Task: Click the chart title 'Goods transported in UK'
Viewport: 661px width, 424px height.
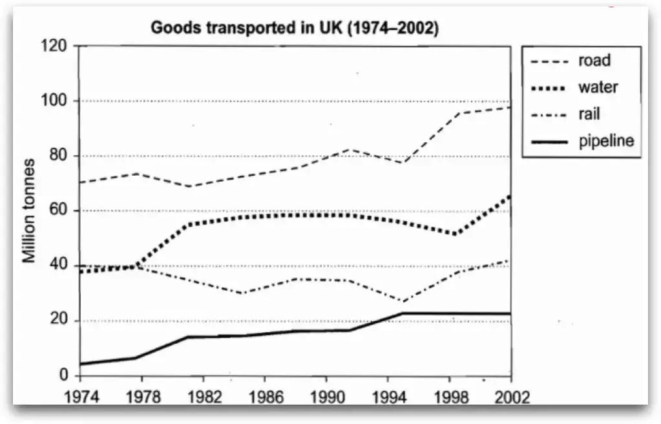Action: click(x=294, y=28)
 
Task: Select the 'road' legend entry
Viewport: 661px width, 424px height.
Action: click(x=595, y=61)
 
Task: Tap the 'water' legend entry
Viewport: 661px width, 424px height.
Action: click(x=598, y=87)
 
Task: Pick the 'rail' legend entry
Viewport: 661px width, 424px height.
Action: click(x=589, y=114)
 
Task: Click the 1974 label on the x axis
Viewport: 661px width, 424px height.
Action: click(x=78, y=397)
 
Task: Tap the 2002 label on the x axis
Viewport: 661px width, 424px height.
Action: click(x=510, y=397)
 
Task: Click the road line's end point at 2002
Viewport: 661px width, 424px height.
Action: click(x=510, y=107)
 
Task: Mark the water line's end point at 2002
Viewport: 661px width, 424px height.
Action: click(x=510, y=195)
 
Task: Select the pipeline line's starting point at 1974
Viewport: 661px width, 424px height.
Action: click(x=79, y=364)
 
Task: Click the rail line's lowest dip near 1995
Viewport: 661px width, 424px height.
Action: click(x=402, y=301)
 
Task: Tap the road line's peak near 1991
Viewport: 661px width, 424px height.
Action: click(x=350, y=149)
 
